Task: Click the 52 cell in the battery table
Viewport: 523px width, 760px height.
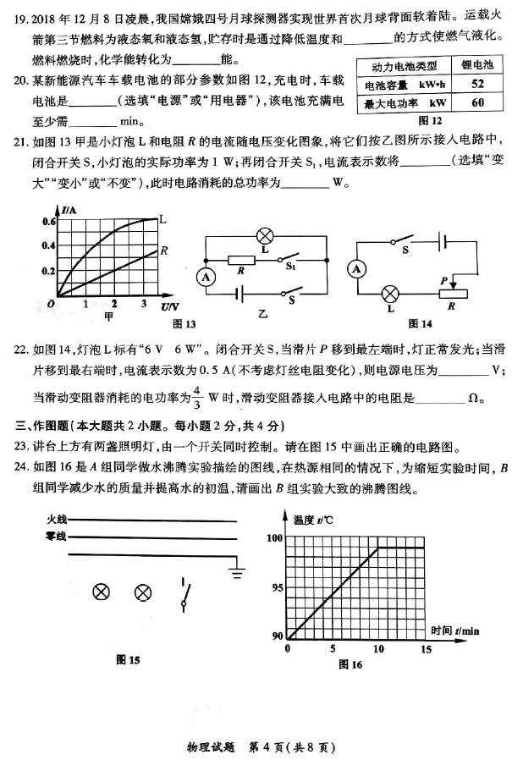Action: (477, 84)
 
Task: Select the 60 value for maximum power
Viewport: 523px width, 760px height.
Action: (477, 102)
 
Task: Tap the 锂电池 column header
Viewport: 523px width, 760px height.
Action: (477, 65)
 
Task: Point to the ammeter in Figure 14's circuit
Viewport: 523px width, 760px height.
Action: (356, 268)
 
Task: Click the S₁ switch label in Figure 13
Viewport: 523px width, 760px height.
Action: (289, 267)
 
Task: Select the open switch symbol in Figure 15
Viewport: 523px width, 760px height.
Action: (185, 592)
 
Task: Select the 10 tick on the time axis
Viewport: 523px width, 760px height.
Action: (378, 648)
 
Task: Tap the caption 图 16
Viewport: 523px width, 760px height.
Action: (350, 664)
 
